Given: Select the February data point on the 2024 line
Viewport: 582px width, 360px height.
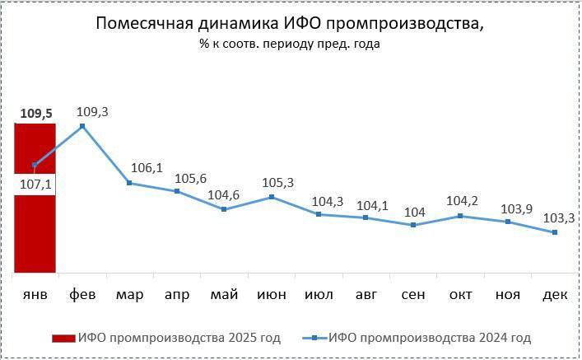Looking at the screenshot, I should (82, 126).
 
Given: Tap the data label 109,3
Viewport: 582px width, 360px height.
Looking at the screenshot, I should (91, 110).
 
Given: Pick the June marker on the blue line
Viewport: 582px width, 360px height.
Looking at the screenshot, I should (272, 198).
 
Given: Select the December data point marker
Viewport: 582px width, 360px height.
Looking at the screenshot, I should (556, 232).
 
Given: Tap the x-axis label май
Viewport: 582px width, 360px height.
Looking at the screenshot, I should (224, 294).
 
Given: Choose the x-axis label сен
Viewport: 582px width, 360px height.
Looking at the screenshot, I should (413, 294).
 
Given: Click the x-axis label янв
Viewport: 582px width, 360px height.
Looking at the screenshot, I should (35, 294).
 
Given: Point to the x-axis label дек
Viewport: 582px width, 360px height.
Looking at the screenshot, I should (556, 294).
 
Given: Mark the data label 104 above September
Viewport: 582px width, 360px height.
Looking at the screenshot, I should (414, 212).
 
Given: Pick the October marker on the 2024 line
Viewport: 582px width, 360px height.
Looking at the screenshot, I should (461, 216).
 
